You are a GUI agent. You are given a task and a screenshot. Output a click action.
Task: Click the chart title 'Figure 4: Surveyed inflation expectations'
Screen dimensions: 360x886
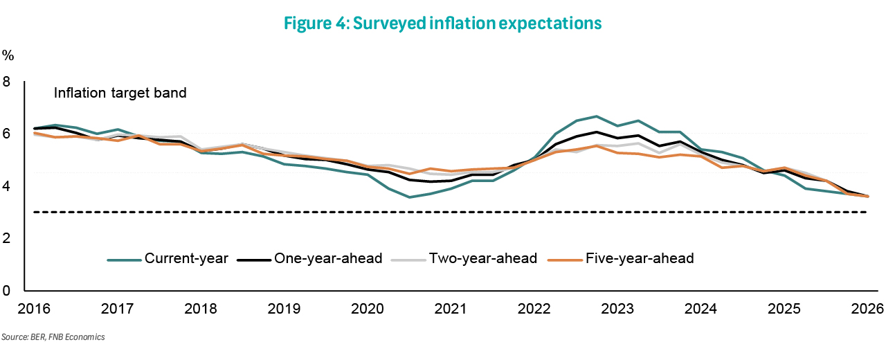click(443, 23)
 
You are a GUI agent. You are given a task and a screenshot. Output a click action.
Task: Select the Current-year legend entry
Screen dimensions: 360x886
click(168, 259)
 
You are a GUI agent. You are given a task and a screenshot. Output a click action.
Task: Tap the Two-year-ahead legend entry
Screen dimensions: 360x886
click(464, 259)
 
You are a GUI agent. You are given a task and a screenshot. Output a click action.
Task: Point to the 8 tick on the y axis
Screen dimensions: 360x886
click(8, 82)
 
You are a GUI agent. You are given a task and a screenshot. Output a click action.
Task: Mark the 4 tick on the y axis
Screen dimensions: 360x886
click(8, 186)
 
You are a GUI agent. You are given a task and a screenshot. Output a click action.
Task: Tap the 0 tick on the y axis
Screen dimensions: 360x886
click(8, 291)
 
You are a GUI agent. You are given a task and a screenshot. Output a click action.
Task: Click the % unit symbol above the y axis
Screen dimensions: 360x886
click(8, 55)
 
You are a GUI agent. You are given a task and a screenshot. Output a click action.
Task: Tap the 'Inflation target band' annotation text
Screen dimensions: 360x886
click(120, 93)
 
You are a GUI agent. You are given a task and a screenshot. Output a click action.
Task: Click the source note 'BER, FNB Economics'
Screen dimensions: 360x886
click(53, 337)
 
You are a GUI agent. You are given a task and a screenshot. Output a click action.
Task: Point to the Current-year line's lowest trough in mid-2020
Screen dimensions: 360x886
click(410, 197)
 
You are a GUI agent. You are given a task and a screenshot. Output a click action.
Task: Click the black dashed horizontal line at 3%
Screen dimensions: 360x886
click(443, 213)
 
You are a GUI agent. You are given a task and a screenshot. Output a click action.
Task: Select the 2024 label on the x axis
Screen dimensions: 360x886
click(700, 308)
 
